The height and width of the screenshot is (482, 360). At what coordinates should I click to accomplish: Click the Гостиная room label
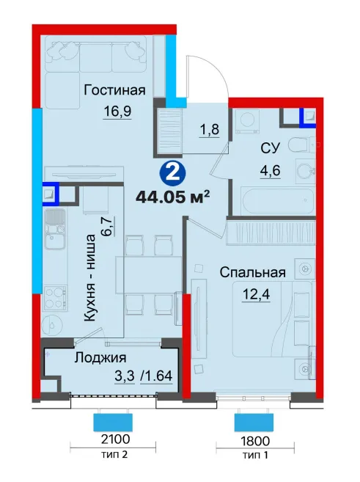[114, 90]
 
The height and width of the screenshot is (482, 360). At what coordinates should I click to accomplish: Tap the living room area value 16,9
[117, 111]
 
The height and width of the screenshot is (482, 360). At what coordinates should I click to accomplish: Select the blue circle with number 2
[173, 175]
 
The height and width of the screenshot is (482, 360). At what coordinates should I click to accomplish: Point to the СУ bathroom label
[271, 148]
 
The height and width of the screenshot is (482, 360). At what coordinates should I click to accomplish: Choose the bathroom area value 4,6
[271, 170]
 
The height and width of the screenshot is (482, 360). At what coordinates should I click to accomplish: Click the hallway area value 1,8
[209, 129]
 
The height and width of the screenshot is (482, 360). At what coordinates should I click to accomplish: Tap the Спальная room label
[253, 272]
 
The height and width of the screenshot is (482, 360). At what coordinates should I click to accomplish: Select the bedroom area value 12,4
[256, 295]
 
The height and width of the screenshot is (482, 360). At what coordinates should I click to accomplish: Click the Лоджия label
[100, 358]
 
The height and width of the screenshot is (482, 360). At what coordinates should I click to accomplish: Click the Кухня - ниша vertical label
[90, 278]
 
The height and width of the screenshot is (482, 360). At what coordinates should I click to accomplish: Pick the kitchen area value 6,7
[109, 225]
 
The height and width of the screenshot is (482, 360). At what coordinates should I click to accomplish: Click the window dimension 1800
[255, 441]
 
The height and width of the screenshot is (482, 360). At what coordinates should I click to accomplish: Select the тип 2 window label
[114, 454]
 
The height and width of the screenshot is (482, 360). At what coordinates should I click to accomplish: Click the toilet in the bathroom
[301, 145]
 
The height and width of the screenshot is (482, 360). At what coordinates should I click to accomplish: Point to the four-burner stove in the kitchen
[55, 298]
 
